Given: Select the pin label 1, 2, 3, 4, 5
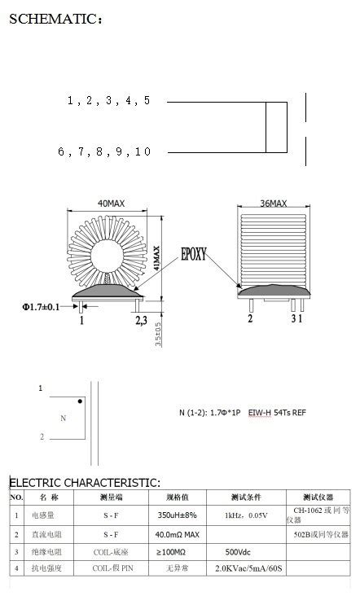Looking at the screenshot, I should click(108, 101).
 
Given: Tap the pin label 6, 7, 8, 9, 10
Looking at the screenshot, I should click(103, 151).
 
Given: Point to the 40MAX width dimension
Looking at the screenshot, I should click(111, 202).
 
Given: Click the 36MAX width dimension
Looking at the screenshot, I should click(273, 203).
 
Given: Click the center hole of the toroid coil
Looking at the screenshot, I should click(110, 252).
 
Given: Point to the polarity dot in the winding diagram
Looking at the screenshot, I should click(79, 401).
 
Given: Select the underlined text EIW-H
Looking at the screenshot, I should click(260, 413).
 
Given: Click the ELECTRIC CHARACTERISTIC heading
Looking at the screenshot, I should click(85, 483).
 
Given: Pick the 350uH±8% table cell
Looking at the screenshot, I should click(178, 515).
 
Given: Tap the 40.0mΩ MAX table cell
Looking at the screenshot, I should click(178, 534).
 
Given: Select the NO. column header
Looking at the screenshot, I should click(16, 497).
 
